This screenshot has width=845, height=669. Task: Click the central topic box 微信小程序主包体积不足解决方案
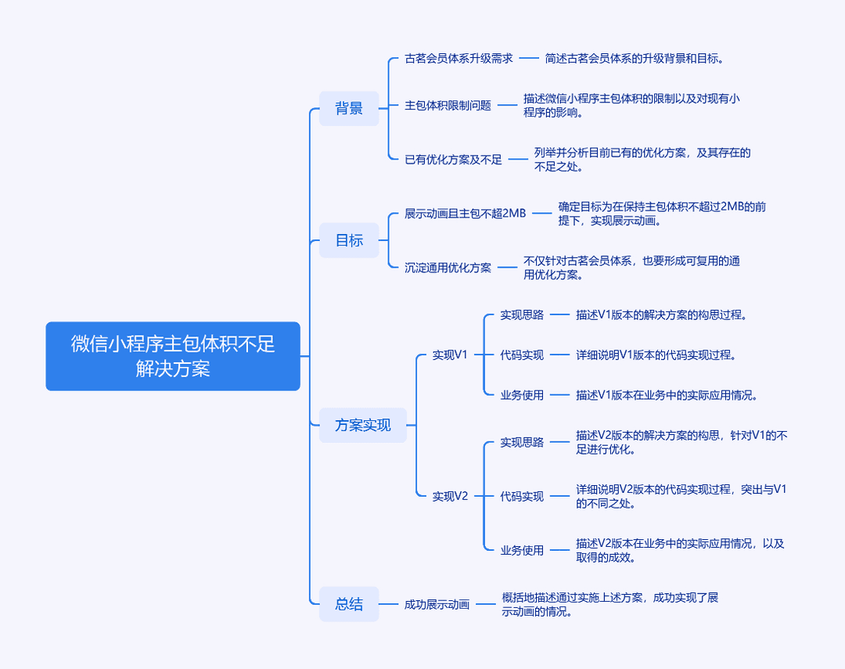173,356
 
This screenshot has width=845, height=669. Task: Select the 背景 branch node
349,108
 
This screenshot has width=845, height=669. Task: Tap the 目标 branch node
349,240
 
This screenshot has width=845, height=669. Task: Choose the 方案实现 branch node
363,425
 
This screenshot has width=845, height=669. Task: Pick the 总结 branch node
349,604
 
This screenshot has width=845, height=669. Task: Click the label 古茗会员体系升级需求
458,58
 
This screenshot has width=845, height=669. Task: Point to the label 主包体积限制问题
448,105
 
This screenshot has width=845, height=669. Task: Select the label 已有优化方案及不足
453,160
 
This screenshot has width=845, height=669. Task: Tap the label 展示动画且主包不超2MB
465,214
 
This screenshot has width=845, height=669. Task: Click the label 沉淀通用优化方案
448,268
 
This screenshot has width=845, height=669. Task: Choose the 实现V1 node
450,354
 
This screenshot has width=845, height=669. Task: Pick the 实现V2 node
450,496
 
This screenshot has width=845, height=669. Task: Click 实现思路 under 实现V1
522,315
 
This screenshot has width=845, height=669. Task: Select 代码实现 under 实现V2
522,496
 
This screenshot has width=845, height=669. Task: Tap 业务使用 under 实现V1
522,395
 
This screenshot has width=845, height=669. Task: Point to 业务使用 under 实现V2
522,550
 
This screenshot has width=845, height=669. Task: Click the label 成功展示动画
437,604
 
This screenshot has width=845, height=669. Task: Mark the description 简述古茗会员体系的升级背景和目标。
635,58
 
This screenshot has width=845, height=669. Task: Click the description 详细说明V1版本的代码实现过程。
656,354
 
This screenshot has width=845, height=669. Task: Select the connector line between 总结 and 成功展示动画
389,604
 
